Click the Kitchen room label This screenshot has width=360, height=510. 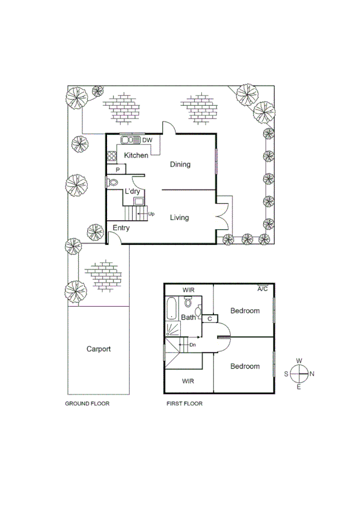pyautogui.click(x=136, y=156)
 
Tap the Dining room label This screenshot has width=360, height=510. pyautogui.click(x=180, y=164)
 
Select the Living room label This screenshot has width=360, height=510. pyautogui.click(x=179, y=218)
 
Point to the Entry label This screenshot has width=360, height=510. pyautogui.click(x=121, y=227)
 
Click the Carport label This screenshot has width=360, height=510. pyautogui.click(x=98, y=349)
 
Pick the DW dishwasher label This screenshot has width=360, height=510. pyautogui.click(x=147, y=140)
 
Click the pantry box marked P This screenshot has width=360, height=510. pyautogui.click(x=117, y=170)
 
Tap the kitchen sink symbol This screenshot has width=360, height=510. pyautogui.click(x=130, y=140)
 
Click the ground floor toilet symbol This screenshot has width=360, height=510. pyautogui.click(x=112, y=182)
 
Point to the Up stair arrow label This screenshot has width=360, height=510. pyautogui.click(x=151, y=214)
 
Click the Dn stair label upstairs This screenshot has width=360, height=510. pyautogui.click(x=192, y=345)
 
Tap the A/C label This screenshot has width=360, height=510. pyautogui.click(x=262, y=289)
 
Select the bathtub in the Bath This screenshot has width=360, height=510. pyautogui.click(x=171, y=309)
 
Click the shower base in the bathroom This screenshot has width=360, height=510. pyautogui.click(x=173, y=328)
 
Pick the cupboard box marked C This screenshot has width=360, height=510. pyautogui.click(x=210, y=319)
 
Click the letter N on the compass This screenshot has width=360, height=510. pyautogui.click(x=312, y=373)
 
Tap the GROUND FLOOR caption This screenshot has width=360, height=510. pyautogui.click(x=87, y=404)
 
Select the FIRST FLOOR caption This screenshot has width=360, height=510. pyautogui.click(x=185, y=404)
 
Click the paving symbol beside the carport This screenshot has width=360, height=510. pyautogui.click(x=102, y=274)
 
